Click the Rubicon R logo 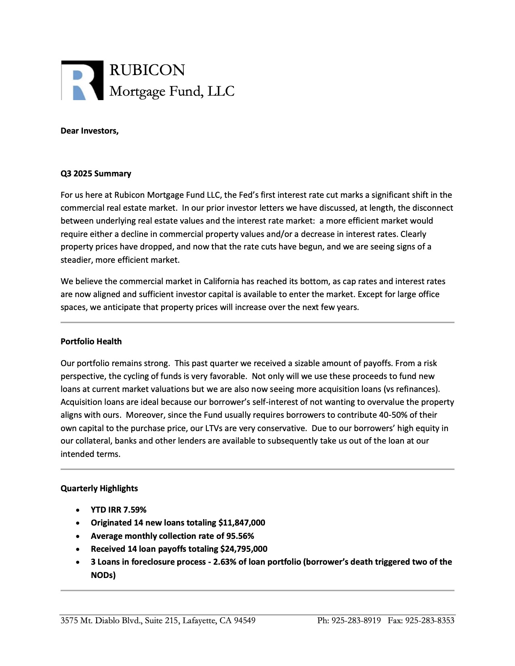click(x=82, y=80)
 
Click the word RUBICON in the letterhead click(x=147, y=70)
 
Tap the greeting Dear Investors click(x=89, y=131)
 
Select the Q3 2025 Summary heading click(x=96, y=174)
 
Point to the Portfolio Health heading click(x=91, y=341)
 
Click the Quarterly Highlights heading click(x=99, y=488)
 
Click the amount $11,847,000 click(x=242, y=523)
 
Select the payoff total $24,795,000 click(x=244, y=549)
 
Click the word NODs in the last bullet click(x=103, y=575)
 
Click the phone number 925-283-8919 click(x=356, y=620)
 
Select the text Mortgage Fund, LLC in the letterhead click(x=172, y=92)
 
